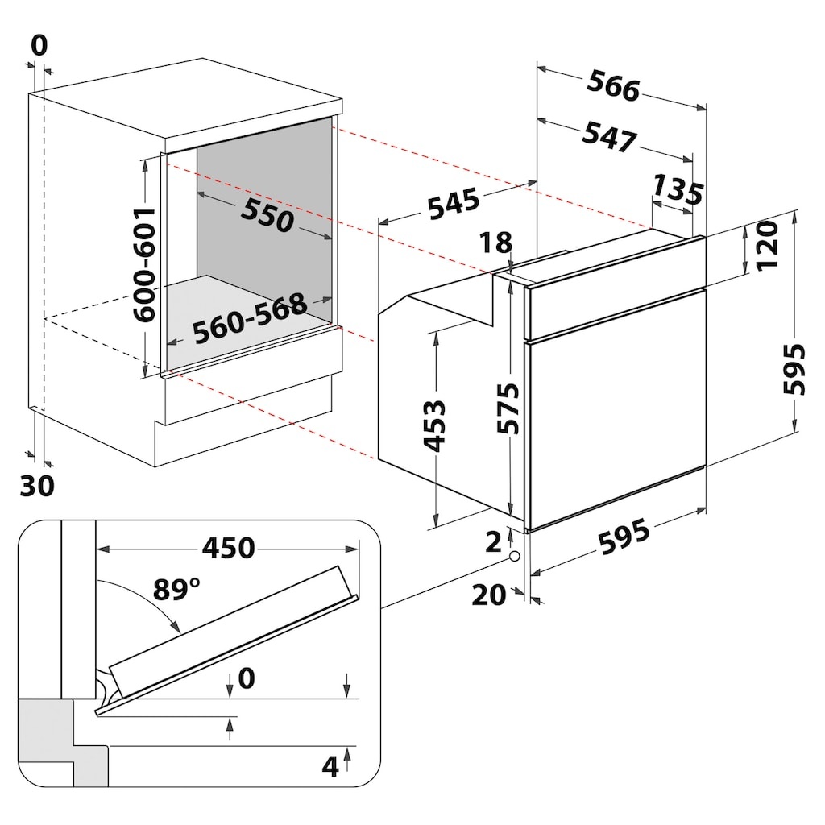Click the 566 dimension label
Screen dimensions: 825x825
[x=613, y=85]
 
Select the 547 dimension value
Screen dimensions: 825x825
[x=609, y=137]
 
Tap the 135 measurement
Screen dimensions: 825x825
[x=678, y=189]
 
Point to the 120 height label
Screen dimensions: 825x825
[x=767, y=245]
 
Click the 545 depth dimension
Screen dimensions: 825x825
[x=454, y=204]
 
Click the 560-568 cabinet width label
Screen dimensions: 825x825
[x=250, y=318]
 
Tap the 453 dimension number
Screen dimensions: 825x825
[x=434, y=426]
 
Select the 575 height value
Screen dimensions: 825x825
[x=508, y=408]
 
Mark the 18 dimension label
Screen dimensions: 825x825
[x=495, y=243]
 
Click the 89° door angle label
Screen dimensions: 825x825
[x=176, y=589]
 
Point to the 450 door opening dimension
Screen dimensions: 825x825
[x=229, y=548]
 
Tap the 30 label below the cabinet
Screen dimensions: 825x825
[x=37, y=486]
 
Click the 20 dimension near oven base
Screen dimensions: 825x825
[x=489, y=595]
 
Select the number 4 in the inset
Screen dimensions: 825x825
[x=330, y=767]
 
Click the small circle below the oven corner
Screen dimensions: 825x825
[x=515, y=556]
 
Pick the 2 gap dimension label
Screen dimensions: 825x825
[x=493, y=542]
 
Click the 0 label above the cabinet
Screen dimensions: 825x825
[x=39, y=45]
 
